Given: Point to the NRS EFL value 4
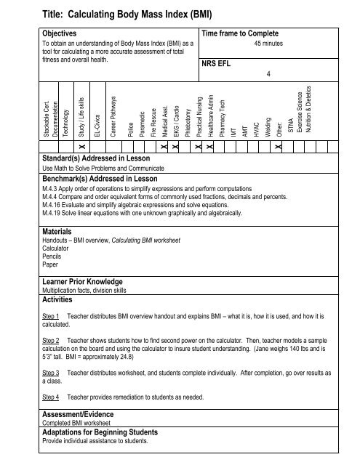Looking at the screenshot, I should point(268,74).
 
